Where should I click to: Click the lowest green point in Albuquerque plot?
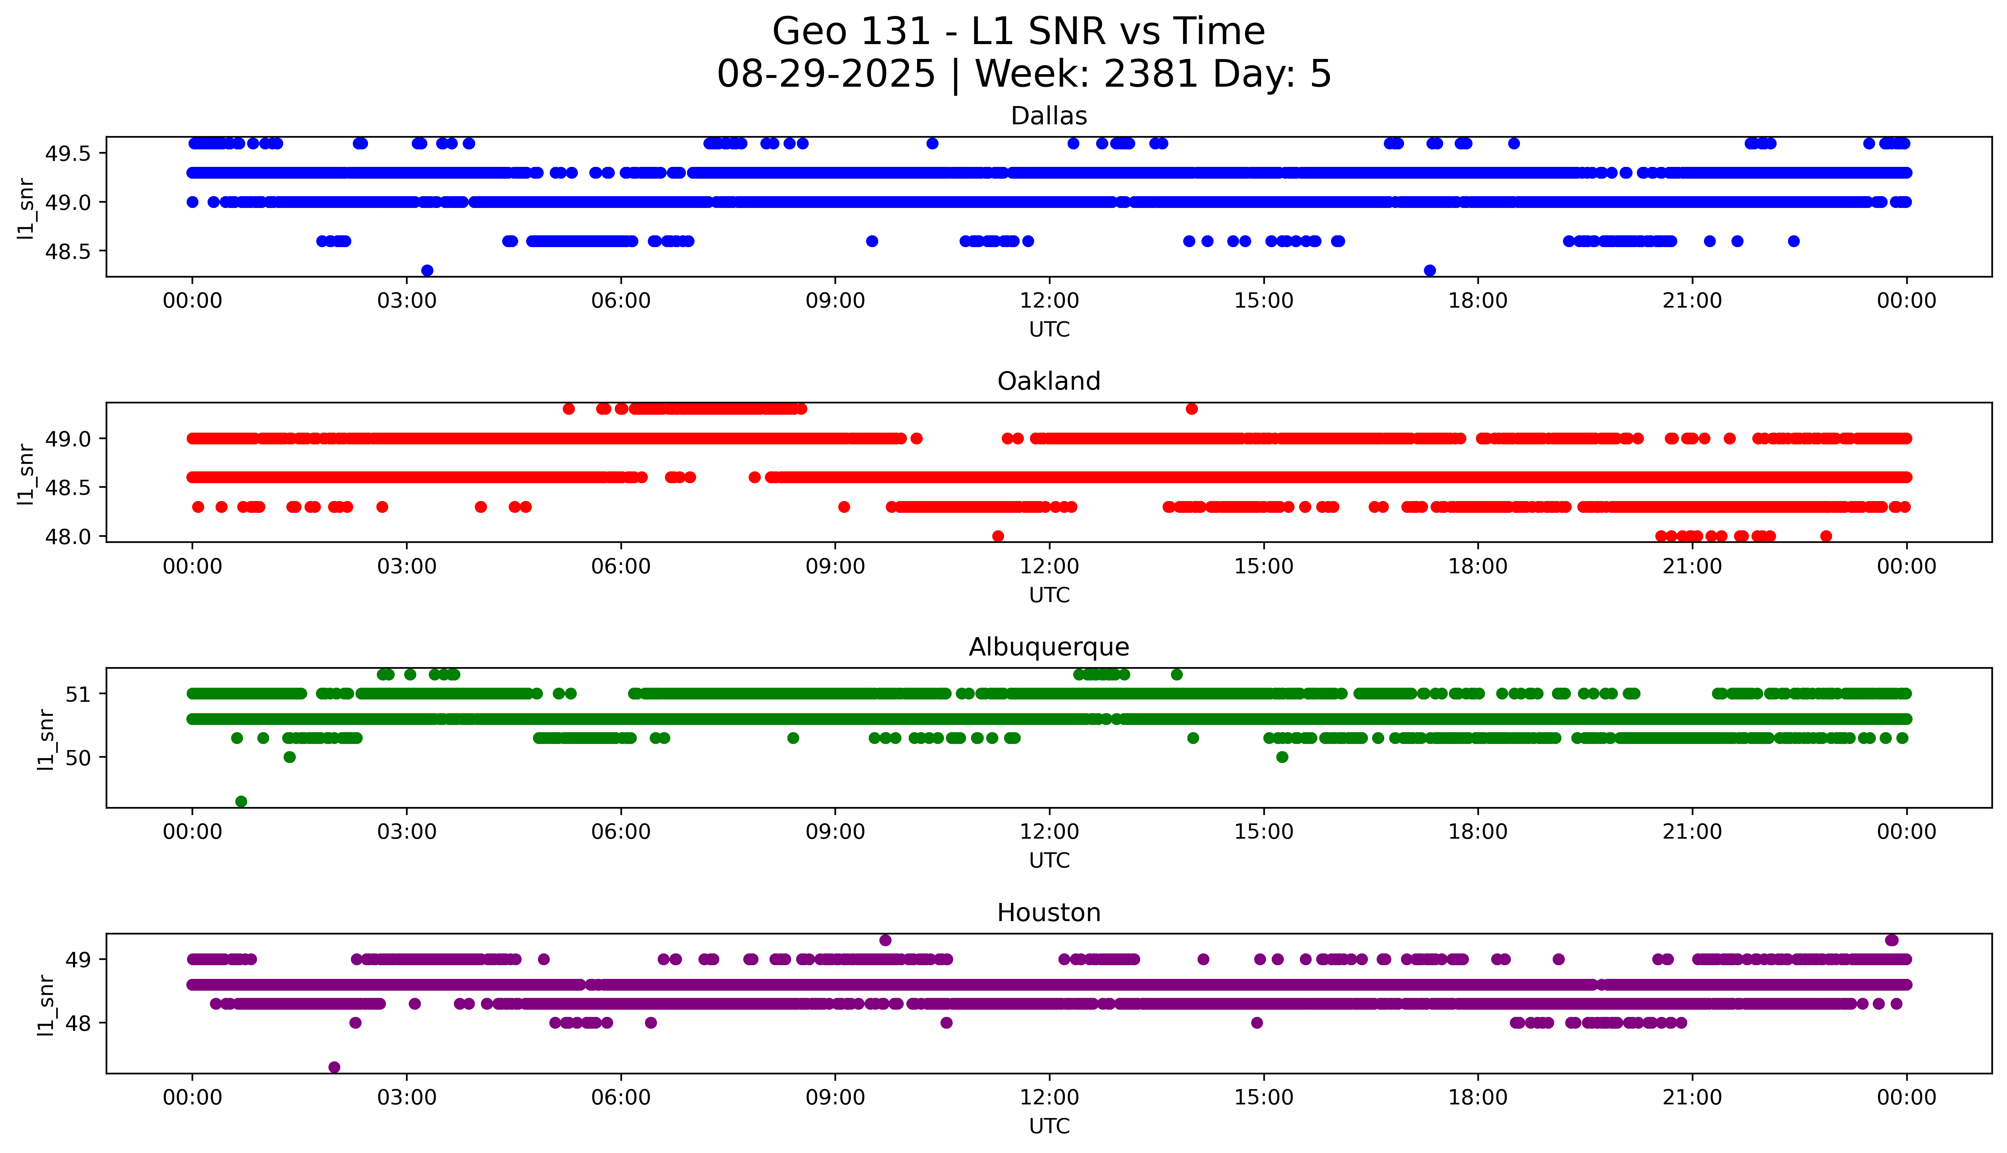point(241,801)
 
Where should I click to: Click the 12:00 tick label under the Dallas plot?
point(1049,301)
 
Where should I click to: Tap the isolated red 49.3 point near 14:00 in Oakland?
point(1192,409)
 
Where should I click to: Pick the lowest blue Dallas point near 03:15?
point(427,270)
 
